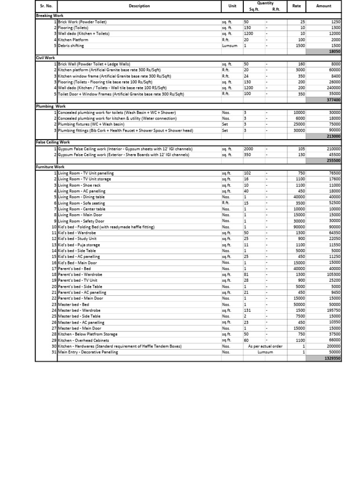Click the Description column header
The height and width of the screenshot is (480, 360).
tap(139, 6)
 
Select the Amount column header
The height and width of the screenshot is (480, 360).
tap(323, 6)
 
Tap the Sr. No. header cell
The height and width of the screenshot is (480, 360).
tap(46, 6)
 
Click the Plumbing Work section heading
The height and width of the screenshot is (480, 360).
tap(51, 106)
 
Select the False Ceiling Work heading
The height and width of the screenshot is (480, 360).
tap(52, 142)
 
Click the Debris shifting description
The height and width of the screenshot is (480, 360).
tap(71, 46)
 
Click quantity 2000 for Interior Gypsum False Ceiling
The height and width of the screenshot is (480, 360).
tap(248, 149)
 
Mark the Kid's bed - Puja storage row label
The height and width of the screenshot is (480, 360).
tap(79, 245)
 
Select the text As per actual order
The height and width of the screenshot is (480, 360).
tap(265, 346)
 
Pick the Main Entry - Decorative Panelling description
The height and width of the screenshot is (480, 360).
tap(88, 352)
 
